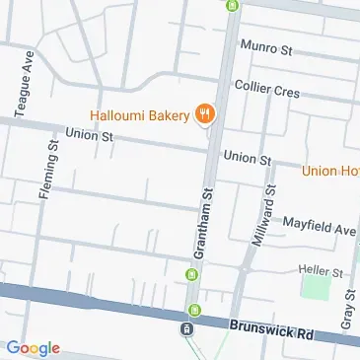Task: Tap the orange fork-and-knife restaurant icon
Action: [206, 113]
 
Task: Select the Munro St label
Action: [273, 46]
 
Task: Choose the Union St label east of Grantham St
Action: [247, 157]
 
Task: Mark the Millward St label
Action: [263, 223]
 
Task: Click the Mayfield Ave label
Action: [319, 229]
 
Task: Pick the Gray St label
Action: [347, 309]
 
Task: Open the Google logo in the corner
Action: [33, 347]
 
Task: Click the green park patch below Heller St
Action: [317, 288]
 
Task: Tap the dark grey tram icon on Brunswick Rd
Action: [185, 327]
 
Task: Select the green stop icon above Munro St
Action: [233, 5]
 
